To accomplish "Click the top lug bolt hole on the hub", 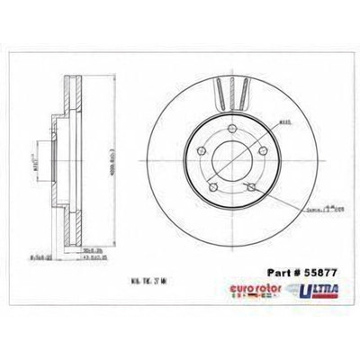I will [x=234, y=132].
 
